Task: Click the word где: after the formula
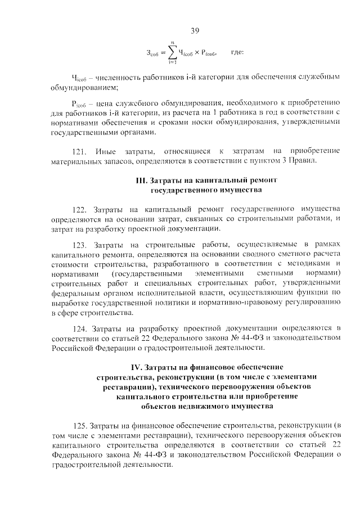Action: (237, 52)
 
